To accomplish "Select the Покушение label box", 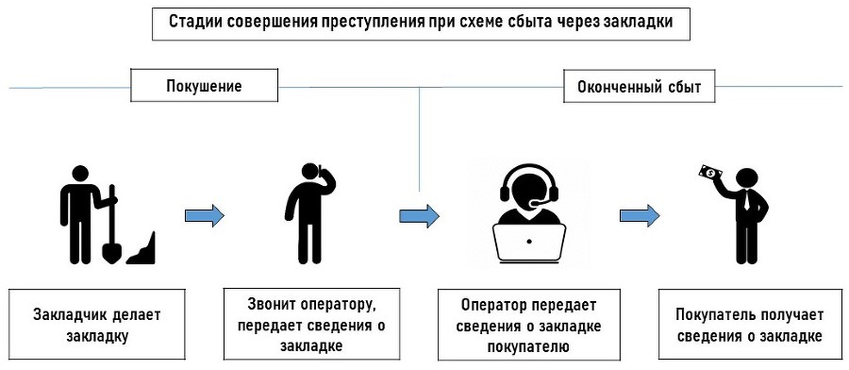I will [205, 87].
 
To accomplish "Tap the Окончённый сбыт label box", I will [639, 88].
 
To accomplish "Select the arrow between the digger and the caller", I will [205, 215].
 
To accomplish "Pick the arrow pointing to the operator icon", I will [420, 215].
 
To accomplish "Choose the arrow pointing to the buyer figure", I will [640, 215].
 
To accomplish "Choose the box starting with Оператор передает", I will [527, 324].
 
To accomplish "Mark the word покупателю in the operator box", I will [527, 345].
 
